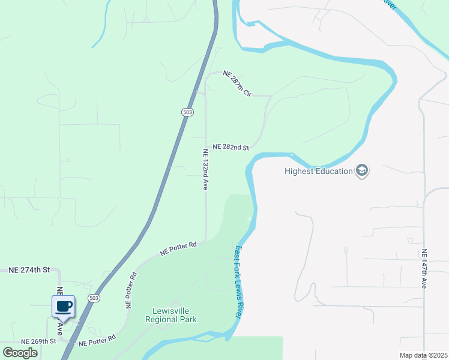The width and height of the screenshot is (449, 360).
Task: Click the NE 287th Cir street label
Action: coord(237,83)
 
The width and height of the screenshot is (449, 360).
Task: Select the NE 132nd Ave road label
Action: coord(205,170)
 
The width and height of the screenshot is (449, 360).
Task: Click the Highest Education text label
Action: coord(318,171)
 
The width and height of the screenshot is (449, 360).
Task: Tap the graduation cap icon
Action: coord(362,171)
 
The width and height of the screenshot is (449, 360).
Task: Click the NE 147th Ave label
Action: coord(424,268)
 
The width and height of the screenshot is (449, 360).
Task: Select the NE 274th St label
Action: coord(28,270)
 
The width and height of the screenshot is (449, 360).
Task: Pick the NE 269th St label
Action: coord(38,341)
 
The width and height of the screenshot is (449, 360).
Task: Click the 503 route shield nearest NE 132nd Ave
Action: coord(187,112)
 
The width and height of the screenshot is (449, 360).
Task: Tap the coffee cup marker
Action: coord(63,307)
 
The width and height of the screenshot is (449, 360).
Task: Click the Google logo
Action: coord(20,353)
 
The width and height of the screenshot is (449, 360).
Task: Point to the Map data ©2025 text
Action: coord(423,355)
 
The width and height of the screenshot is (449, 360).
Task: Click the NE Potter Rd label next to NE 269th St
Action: coord(97,343)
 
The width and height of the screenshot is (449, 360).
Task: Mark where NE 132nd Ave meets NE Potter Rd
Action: coord(206,241)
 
